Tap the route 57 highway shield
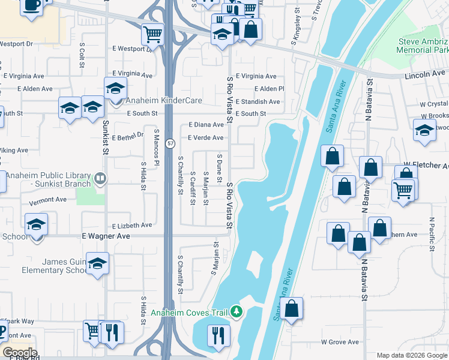pyautogui.click(x=171, y=144)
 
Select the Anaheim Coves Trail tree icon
pyautogui.click(x=237, y=312)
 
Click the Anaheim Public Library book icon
pyautogui.click(x=100, y=178)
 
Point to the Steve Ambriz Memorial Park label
pyautogui.click(x=423, y=46)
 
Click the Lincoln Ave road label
pyautogui.click(x=425, y=73)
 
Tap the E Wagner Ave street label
pyautogui.click(x=106, y=236)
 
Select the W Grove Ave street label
pyautogui.click(x=340, y=342)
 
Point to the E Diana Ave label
pyautogui.click(x=206, y=125)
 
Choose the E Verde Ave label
pyautogui.click(x=205, y=138)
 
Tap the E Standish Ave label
pyautogui.click(x=258, y=101)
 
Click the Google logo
pyautogui.click(x=19, y=352)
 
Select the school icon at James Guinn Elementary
pyautogui.click(x=97, y=263)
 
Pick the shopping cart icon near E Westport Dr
pyautogui.click(x=153, y=34)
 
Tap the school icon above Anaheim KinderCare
pyautogui.click(x=115, y=88)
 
